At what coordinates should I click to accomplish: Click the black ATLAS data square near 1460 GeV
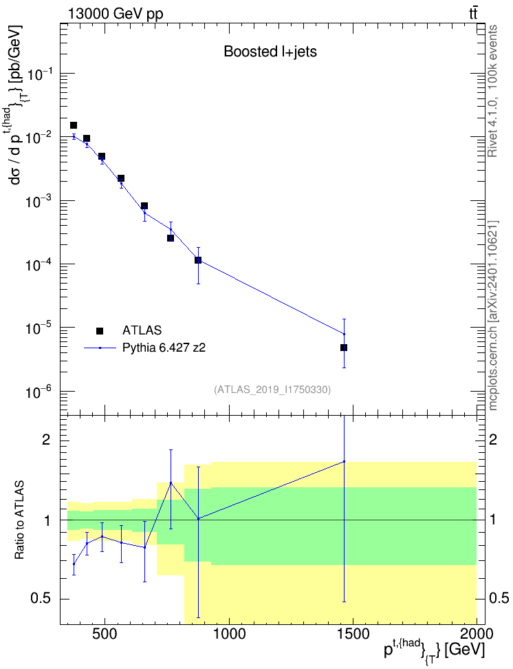pos(344,348)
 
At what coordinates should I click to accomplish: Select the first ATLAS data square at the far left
pos(74,125)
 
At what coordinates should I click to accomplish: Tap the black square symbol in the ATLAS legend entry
pos(100,330)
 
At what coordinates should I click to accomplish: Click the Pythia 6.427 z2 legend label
pos(164,348)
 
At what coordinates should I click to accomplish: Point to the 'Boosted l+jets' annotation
pos(270,52)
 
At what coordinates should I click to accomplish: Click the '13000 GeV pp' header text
pos(116,14)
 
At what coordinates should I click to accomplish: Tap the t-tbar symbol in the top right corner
pos(473,14)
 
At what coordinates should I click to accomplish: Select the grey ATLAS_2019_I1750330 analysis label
pos(272,389)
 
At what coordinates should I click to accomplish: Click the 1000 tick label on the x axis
pos(229,634)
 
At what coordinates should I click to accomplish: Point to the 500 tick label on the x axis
pos(104,634)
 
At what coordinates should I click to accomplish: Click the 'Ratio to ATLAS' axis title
pos(19,520)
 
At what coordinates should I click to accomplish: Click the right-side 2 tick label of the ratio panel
pos(493,440)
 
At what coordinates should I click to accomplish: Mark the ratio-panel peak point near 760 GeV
pos(171,482)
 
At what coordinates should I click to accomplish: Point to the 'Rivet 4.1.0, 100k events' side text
pos(492,92)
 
